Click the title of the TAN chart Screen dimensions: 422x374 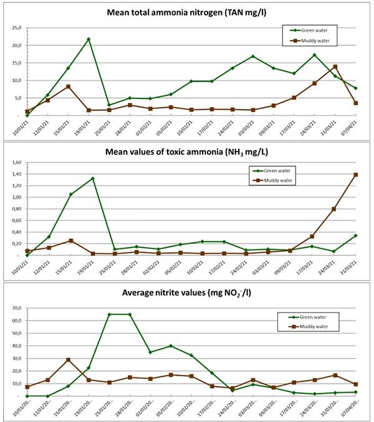pos(187,13)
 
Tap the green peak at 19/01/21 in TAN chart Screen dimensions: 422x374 pos(89,39)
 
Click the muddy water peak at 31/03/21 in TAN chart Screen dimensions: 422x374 pos(335,67)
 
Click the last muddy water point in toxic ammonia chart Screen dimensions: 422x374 pos(356,175)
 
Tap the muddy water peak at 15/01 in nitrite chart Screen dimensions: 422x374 pos(68,360)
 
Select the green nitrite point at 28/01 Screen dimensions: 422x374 pos(130,314)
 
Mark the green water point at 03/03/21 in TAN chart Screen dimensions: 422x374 pos(253,57)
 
